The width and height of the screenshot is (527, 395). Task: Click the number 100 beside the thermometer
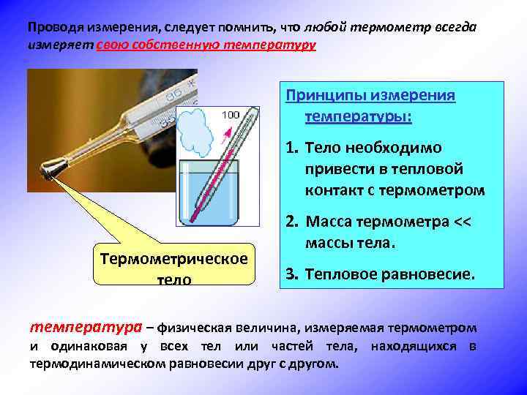point(229,115)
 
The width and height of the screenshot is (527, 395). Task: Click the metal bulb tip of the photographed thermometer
point(51,172)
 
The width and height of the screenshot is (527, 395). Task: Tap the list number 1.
point(290,148)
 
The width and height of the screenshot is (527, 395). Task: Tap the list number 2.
point(290,221)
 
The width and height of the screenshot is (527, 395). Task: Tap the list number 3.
point(290,274)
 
